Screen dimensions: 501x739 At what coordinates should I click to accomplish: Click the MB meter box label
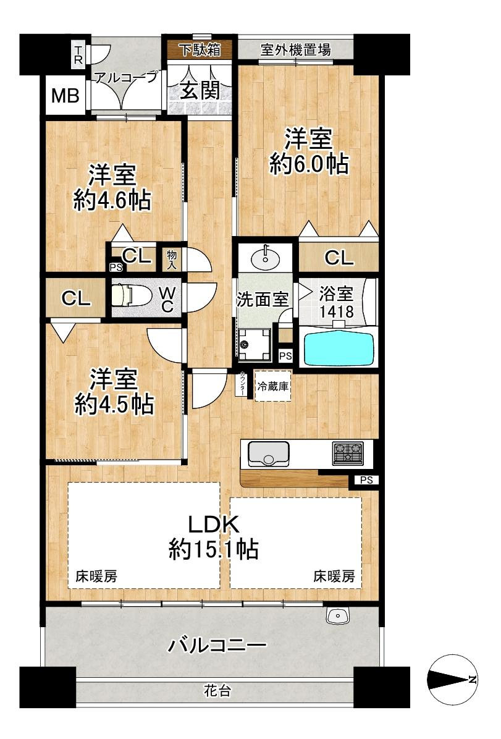pyautogui.click(x=65, y=96)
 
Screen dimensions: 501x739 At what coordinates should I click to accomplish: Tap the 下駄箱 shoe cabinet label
pyautogui.click(x=201, y=49)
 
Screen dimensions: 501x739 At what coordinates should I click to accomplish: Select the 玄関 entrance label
pyautogui.click(x=200, y=90)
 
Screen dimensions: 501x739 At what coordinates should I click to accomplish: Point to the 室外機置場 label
pyautogui.click(x=295, y=49)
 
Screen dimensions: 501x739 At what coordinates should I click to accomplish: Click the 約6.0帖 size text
pyautogui.click(x=309, y=164)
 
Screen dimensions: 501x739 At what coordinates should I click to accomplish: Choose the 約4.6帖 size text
pyautogui.click(x=112, y=200)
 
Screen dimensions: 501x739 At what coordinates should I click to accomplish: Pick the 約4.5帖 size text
pyautogui.click(x=114, y=404)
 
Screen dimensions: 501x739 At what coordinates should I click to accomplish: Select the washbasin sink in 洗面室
pyautogui.click(x=266, y=258)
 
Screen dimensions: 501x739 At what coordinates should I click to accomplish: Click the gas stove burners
pyautogui.click(x=348, y=453)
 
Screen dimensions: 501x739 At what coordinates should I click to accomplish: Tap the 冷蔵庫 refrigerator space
pyautogui.click(x=273, y=386)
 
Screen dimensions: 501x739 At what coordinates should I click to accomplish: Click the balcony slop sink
pyautogui.click(x=337, y=615)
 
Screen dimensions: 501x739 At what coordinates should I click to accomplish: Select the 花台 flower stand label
pyautogui.click(x=217, y=691)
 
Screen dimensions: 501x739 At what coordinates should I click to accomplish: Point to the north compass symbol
pyautogui.click(x=452, y=678)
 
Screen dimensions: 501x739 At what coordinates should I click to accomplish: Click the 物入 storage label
pyautogui.click(x=172, y=260)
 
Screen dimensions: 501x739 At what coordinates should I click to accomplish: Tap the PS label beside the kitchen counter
pyautogui.click(x=366, y=480)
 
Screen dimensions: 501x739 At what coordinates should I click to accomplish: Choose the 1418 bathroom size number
pyautogui.click(x=337, y=311)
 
